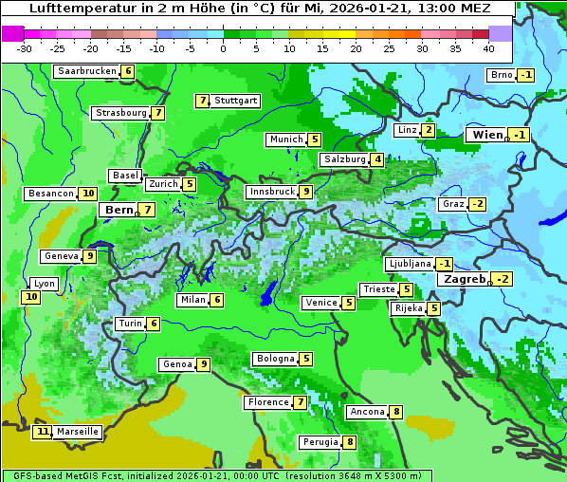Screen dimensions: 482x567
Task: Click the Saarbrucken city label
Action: tap(87, 71)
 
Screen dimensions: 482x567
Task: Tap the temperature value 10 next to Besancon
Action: tap(88, 194)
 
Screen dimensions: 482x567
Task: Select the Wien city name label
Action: tap(487, 136)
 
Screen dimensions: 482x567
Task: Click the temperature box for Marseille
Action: tap(42, 432)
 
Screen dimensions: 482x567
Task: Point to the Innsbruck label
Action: tap(271, 192)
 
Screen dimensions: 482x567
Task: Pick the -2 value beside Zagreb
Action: tap(502, 279)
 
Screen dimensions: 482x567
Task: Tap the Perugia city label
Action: tap(320, 442)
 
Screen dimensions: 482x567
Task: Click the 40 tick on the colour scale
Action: tap(488, 48)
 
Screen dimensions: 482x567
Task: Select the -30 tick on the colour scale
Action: tap(25, 48)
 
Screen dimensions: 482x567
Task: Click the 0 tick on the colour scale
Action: tap(224, 48)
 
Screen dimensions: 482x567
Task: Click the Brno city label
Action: tap(501, 75)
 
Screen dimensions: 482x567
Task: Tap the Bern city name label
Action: tap(119, 210)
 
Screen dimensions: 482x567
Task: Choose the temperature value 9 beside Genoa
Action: tap(203, 364)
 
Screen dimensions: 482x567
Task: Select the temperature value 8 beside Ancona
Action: tap(396, 412)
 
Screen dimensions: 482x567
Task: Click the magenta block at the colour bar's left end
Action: tap(13, 33)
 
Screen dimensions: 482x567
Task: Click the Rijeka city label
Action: tap(409, 308)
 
